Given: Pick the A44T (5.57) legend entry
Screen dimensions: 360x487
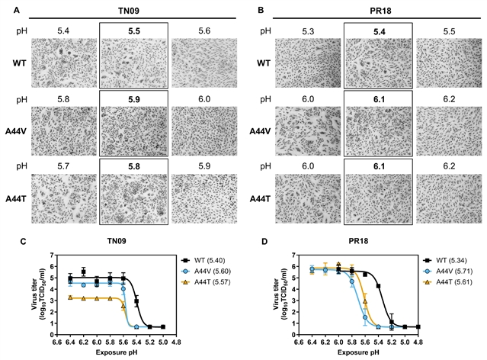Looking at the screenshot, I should click(205, 282).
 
